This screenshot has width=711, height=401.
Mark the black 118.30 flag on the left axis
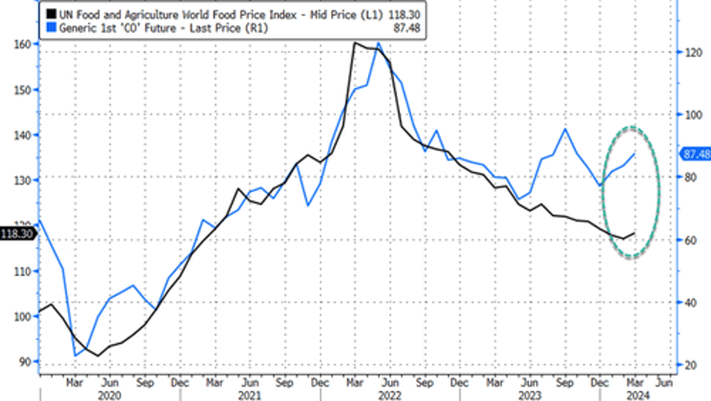point(17,233)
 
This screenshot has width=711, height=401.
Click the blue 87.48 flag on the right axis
point(695,154)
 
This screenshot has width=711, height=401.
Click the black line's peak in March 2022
point(355,43)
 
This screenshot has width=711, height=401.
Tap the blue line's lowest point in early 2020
point(76,356)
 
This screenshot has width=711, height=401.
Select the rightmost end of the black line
point(635,233)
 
